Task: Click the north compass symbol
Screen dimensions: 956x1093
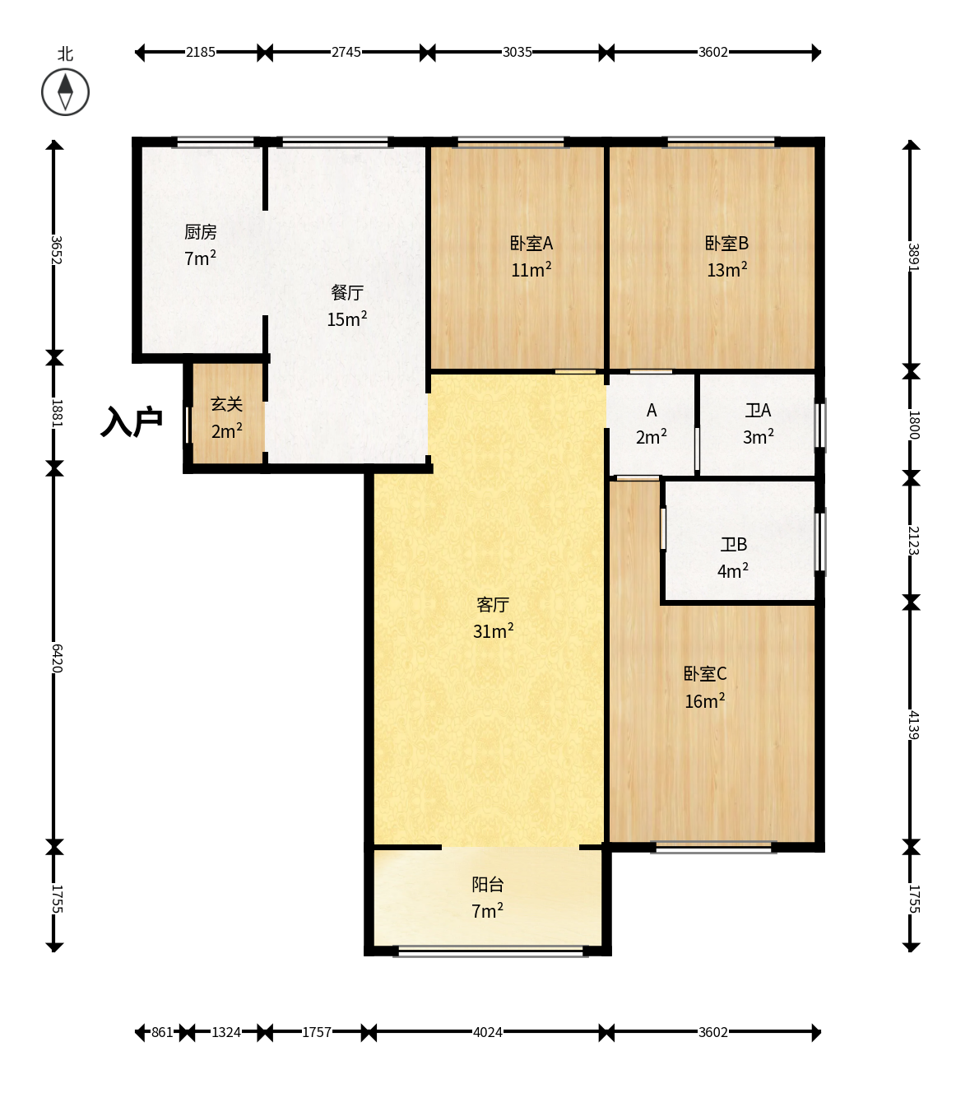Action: point(65,92)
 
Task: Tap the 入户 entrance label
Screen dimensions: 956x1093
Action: point(132,422)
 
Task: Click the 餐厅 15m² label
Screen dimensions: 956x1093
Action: point(347,305)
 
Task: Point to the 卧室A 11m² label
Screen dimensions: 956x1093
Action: point(531,257)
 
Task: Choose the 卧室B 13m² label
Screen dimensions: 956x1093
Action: point(727,257)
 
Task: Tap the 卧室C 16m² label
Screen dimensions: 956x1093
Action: point(705,687)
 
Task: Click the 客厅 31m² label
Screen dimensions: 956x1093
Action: point(493,617)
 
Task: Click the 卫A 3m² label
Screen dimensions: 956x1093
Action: point(758,424)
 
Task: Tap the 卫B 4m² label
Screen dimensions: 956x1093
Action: point(733,558)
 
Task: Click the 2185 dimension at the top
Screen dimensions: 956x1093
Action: point(200,53)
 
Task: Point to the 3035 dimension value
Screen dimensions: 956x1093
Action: point(517,53)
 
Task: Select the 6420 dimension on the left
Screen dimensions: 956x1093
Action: point(57,658)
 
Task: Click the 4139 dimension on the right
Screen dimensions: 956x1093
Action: point(913,725)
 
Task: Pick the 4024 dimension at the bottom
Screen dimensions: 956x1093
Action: point(487,1032)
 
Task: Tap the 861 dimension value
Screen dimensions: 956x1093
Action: point(162,1032)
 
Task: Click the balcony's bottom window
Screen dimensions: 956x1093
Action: point(490,951)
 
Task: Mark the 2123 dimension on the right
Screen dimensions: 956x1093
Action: point(913,541)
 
